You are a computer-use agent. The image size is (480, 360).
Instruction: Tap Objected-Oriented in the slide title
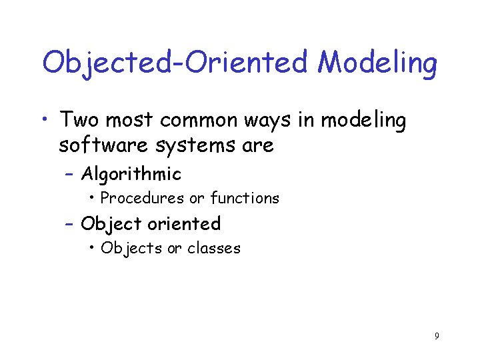[x=177, y=63]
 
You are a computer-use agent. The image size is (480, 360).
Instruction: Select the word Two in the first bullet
[x=79, y=120]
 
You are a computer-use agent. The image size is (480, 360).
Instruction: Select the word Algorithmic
[x=131, y=174]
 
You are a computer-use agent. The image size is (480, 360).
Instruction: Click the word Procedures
[x=142, y=198]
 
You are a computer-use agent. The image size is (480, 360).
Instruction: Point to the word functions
[x=245, y=198]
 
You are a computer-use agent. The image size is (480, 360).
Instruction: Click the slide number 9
[x=437, y=336]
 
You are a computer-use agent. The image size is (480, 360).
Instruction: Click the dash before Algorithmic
[x=71, y=175]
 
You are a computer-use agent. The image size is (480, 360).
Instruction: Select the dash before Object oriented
[x=71, y=224]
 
